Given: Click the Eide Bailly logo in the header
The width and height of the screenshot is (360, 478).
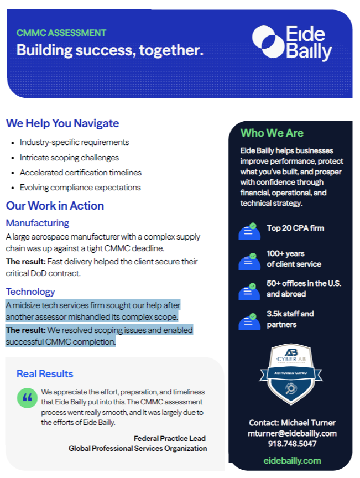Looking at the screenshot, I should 292,42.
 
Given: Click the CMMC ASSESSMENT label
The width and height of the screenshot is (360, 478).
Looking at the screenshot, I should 61,33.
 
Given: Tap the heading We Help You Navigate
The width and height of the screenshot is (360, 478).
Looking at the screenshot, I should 62,123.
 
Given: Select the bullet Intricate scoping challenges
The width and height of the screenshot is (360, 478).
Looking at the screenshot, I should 69,158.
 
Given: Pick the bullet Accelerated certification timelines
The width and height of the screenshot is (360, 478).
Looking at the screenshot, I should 80,173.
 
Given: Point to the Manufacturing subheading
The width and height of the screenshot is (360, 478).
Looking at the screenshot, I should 38,223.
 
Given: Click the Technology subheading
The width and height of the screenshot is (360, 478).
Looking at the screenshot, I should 30,292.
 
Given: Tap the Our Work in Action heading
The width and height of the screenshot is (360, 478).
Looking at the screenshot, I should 55,206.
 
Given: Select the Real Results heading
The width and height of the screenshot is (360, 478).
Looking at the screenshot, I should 45,374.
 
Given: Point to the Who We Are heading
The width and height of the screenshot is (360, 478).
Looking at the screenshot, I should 272,133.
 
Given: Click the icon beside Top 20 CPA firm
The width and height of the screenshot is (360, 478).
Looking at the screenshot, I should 249,231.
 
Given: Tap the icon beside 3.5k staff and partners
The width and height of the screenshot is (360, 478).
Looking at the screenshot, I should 249,321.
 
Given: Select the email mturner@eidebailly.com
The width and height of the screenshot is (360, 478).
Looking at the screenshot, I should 292,433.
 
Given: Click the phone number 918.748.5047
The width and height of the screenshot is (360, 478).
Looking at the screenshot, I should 292,444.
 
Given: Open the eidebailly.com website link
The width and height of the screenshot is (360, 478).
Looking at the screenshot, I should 292,460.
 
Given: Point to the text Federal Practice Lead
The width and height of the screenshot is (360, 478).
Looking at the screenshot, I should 170,438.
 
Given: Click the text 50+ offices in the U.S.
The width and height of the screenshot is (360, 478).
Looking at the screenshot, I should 304,283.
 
